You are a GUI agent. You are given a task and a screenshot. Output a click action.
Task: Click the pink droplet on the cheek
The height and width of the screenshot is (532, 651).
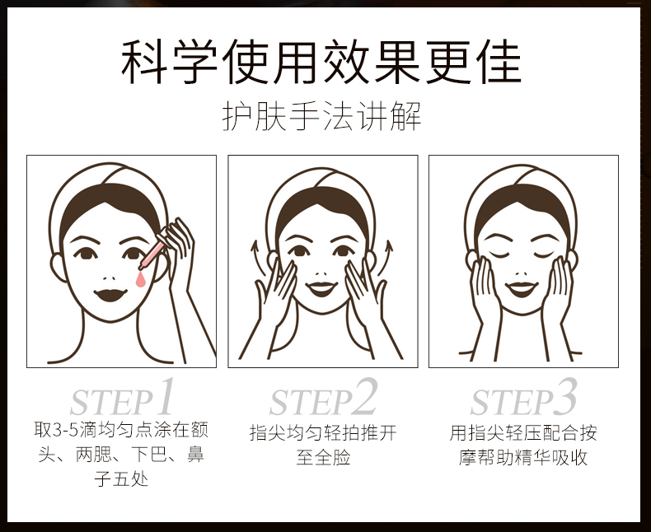click(x=141, y=280)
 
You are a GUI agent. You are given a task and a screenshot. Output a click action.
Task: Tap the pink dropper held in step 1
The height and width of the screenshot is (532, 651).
click(x=151, y=253)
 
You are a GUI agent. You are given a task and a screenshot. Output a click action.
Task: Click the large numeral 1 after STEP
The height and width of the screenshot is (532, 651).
click(x=165, y=396)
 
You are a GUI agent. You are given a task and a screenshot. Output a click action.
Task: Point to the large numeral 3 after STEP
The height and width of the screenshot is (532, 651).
click(x=564, y=396)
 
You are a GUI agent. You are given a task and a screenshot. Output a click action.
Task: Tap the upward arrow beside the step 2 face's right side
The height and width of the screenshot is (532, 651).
click(x=386, y=257)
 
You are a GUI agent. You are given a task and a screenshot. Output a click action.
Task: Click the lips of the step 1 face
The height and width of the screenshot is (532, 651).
click(x=110, y=295)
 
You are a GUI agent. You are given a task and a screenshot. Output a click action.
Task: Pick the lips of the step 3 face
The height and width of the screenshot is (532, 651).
click(x=522, y=289)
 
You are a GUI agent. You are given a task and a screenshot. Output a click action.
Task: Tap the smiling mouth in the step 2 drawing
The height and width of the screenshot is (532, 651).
click(x=321, y=289)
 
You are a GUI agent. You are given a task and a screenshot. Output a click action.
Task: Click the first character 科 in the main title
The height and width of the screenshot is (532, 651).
click(x=143, y=62)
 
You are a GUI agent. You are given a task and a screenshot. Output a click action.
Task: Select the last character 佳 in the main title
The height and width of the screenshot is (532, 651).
click(x=499, y=62)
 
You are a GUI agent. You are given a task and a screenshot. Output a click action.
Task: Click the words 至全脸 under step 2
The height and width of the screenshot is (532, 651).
click(x=323, y=457)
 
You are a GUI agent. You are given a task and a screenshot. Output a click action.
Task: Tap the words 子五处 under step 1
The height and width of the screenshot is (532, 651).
click(x=121, y=479)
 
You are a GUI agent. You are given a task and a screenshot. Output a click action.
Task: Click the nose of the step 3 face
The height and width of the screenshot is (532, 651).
click(x=521, y=274)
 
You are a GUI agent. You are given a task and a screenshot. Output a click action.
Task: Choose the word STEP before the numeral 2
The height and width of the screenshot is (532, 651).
click(x=311, y=403)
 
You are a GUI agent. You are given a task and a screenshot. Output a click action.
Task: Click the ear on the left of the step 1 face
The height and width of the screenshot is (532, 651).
click(x=59, y=268)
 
